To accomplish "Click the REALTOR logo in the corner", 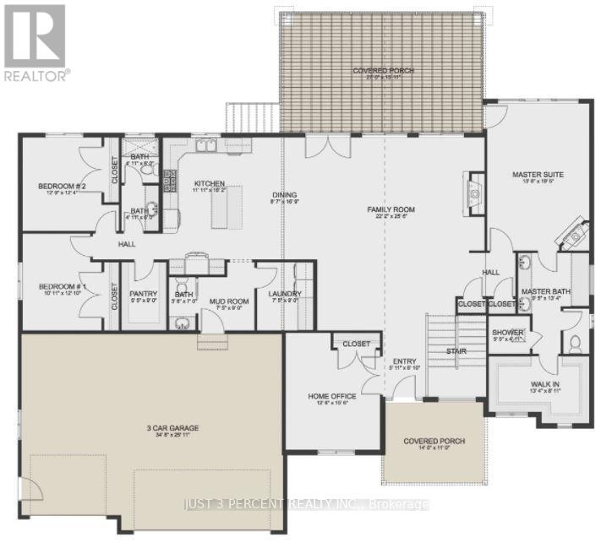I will click(x=35, y=41).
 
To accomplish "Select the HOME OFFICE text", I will click(x=331, y=396).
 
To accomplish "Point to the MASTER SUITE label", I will click(x=538, y=175).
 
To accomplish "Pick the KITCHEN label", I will click(x=208, y=182).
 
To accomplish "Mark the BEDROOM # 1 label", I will click(x=57, y=287).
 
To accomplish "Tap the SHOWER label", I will click(x=508, y=333).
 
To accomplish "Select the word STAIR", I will click(x=457, y=350).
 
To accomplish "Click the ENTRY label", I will click(x=404, y=362).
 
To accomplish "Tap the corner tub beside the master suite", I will click(x=575, y=233).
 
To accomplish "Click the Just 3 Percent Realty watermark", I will click(x=306, y=504).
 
